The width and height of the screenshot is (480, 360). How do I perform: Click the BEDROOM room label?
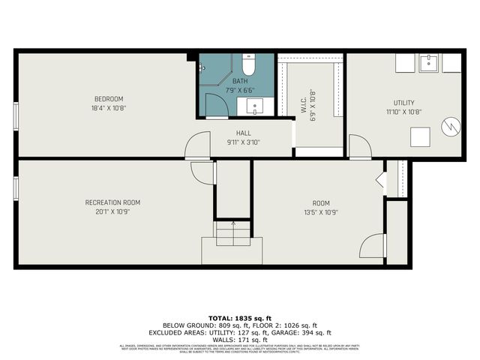point(108,99)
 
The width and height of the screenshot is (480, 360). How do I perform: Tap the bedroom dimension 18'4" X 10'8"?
point(108,108)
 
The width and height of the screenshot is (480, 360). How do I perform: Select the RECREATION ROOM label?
point(112,202)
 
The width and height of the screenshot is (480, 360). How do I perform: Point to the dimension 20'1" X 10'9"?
point(112,211)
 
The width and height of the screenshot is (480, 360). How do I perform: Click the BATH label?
point(239,81)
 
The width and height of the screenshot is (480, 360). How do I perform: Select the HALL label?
point(244,133)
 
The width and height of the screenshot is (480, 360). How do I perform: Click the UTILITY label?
point(404,103)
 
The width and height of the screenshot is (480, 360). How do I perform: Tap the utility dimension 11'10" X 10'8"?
point(404,112)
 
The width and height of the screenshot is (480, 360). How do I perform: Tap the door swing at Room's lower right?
point(372,248)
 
